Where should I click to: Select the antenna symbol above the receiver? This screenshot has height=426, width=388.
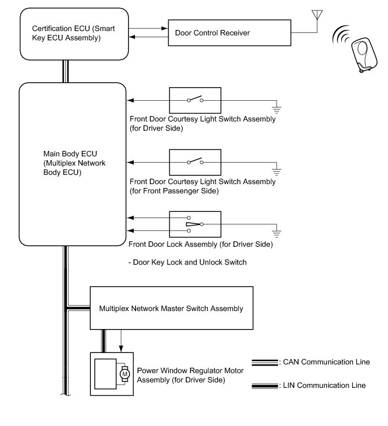coord(317,15)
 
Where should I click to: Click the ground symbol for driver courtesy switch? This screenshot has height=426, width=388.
coord(276,109)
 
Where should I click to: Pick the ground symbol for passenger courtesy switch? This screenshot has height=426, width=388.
coord(276,172)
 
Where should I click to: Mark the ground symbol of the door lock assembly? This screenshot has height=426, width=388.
coord(276,233)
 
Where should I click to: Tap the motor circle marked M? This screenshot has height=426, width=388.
coord(125,374)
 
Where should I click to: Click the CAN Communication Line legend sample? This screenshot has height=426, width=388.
coord(265,362)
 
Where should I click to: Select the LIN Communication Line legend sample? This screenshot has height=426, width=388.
coord(265,386)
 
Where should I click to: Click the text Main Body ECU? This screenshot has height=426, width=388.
coord(70,154)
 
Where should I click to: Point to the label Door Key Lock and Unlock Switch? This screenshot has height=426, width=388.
coord(188,262)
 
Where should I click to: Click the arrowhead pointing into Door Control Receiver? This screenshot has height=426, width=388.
coord(164,28)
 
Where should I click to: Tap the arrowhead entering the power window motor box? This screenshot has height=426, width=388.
coord(121,349)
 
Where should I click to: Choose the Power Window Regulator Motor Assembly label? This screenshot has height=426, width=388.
coord(190,375)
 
